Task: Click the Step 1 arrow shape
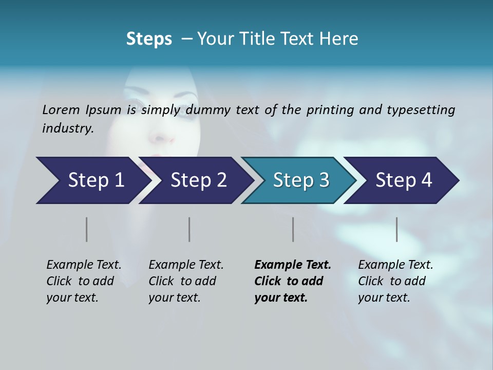[x=92, y=180]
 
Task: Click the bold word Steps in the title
[x=149, y=39]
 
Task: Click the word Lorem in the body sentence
[x=61, y=109]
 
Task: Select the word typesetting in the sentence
[x=421, y=110]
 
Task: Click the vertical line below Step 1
[x=86, y=229]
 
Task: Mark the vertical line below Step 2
[x=189, y=229]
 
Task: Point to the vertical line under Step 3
[x=293, y=229]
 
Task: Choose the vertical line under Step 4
[x=396, y=229]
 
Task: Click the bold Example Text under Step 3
[x=293, y=265]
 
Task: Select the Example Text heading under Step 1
[x=84, y=265]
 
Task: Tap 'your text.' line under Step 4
[x=384, y=298]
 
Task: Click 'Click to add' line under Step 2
[x=182, y=281]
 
